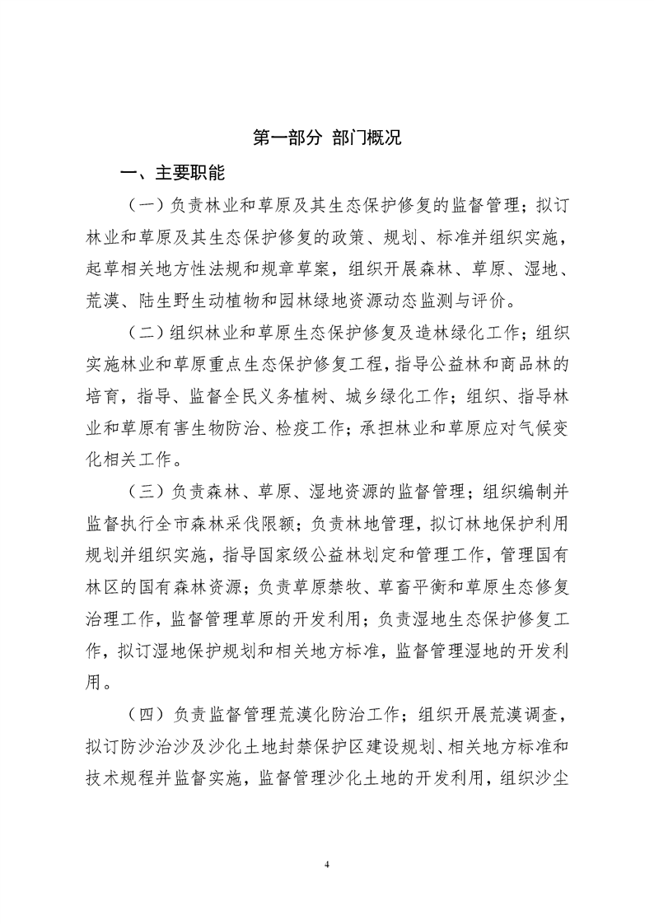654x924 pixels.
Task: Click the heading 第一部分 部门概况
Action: (x=327, y=138)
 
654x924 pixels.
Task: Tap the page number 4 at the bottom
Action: (x=327, y=865)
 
